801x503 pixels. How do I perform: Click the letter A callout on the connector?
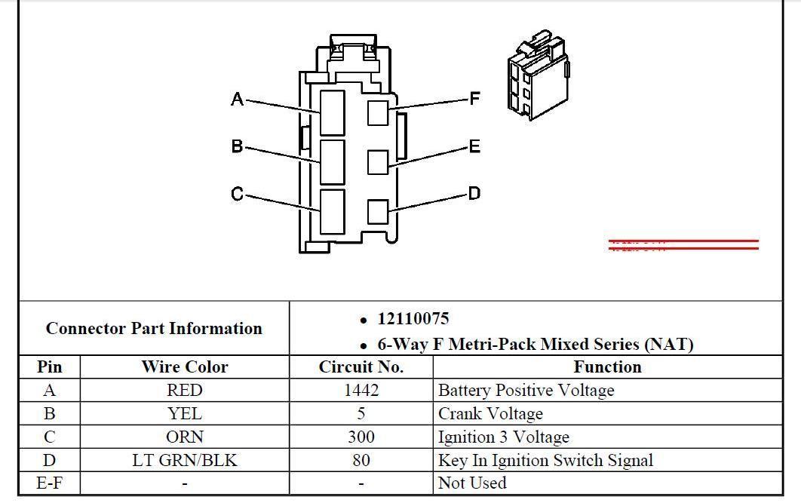[x=237, y=99]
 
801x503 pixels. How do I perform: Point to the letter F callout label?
[x=474, y=99]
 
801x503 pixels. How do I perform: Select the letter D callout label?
[x=474, y=194]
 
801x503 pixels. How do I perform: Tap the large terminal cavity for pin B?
[x=333, y=161]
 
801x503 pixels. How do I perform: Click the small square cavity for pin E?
[x=378, y=161]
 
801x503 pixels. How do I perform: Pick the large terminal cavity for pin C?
[x=333, y=211]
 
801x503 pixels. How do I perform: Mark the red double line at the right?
[x=683, y=244]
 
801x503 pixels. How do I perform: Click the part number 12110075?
[x=413, y=319]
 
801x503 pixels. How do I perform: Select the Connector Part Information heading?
[x=154, y=329]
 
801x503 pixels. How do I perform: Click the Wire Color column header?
[x=184, y=367]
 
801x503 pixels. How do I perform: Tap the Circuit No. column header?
[x=361, y=367]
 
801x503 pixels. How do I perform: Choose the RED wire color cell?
[x=184, y=391]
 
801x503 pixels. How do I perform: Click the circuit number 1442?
[x=361, y=391]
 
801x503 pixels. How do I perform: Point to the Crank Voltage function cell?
[x=490, y=414]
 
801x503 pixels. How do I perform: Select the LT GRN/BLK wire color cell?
[x=184, y=460]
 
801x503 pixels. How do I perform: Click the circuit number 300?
[x=361, y=437]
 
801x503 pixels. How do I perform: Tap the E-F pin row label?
[x=49, y=483]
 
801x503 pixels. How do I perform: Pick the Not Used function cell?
[x=472, y=483]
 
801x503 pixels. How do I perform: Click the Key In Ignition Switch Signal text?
[x=545, y=460]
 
